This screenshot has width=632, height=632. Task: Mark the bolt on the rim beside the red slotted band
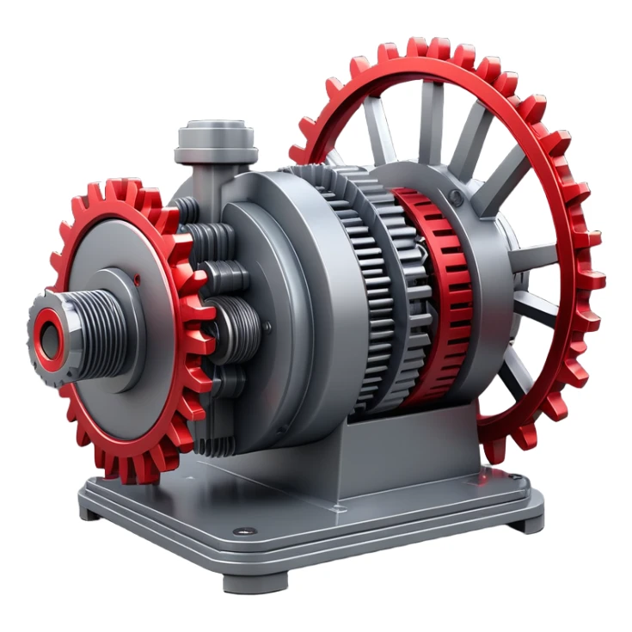(x=457, y=199)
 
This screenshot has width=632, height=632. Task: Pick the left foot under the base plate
(x=89, y=512)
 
